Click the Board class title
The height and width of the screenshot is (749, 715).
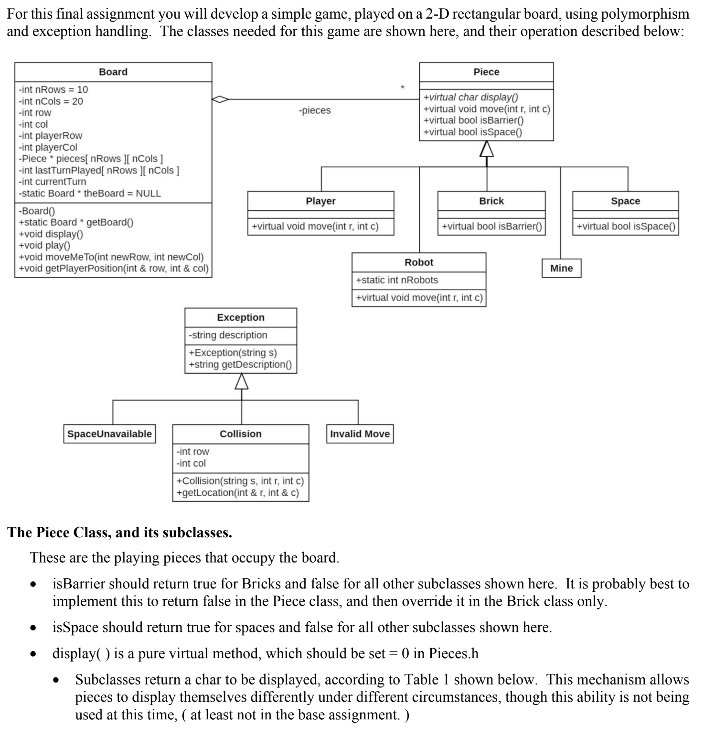(113, 72)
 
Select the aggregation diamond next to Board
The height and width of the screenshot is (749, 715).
(220, 99)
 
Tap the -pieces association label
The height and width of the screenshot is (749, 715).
(314, 110)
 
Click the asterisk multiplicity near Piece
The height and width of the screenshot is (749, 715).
(402, 87)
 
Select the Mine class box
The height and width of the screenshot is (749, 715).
(561, 268)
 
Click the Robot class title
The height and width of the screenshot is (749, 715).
(418, 262)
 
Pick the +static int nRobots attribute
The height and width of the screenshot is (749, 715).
(397, 280)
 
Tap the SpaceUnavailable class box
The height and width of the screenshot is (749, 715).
(109, 434)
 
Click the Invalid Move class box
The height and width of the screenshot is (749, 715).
(360, 434)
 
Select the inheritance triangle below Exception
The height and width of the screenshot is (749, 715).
(241, 381)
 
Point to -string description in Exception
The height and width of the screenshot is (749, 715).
(228, 335)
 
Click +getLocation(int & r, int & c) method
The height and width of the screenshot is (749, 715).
(237, 493)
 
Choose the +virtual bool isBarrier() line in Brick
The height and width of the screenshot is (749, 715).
(491, 227)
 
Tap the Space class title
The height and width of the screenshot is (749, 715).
(625, 201)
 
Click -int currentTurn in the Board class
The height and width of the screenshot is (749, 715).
(53, 182)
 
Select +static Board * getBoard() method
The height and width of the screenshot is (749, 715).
(76, 222)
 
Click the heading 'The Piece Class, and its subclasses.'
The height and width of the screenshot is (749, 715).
(120, 532)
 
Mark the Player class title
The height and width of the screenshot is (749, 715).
(320, 201)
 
